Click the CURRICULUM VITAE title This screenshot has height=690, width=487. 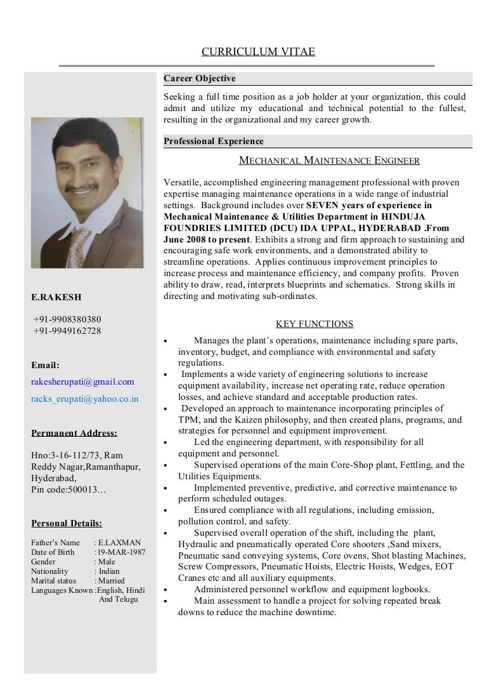pos(258,52)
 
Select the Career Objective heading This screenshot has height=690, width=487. pos(200,79)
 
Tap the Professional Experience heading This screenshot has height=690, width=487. pos(214,142)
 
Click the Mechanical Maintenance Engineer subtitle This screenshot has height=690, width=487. pos(328,161)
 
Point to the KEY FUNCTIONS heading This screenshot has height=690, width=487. pos(315,324)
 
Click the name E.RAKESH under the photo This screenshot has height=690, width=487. pos(56,297)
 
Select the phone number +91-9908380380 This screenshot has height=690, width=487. pos(67,319)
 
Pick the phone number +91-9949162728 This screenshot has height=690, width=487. pos(67,331)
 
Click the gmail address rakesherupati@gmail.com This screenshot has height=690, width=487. pos(82,381)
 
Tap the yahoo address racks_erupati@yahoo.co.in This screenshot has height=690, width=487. pos(84,399)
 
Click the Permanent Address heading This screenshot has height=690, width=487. pos(74,434)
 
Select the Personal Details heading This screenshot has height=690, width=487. pos(67,524)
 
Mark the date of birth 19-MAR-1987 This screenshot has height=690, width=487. pos(120,552)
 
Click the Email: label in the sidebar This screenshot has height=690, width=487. pos(45,365)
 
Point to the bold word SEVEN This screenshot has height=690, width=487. pos(323,205)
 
